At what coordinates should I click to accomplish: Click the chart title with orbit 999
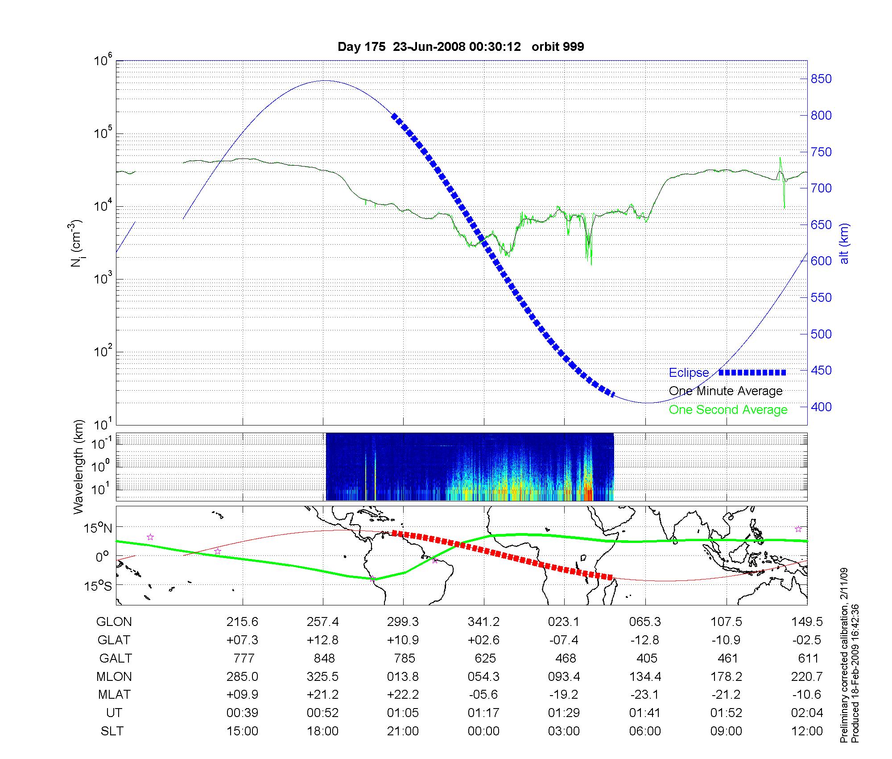[x=461, y=47]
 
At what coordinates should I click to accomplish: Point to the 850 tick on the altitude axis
[x=821, y=79]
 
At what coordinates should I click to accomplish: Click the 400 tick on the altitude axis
[x=821, y=407]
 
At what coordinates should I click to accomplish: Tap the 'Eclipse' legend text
[x=689, y=373]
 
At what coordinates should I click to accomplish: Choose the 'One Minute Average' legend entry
[x=726, y=391]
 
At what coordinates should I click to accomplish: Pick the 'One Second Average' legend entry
[x=728, y=410]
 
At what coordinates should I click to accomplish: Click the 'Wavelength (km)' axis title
[x=78, y=467]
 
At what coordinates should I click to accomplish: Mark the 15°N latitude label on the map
[x=98, y=529]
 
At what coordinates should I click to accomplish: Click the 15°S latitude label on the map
[x=98, y=585]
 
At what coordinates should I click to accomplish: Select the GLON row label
[x=114, y=621]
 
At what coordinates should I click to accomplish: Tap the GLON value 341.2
[x=484, y=621]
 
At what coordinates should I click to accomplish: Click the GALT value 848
[x=324, y=658]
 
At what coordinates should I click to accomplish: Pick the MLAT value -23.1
[x=645, y=695]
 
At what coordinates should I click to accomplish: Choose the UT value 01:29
[x=564, y=713]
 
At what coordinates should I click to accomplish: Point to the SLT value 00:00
[x=484, y=731]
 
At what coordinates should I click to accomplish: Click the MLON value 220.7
[x=807, y=676]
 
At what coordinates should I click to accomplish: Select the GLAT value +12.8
[x=322, y=640]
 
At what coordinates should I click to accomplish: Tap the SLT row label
[x=112, y=731]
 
